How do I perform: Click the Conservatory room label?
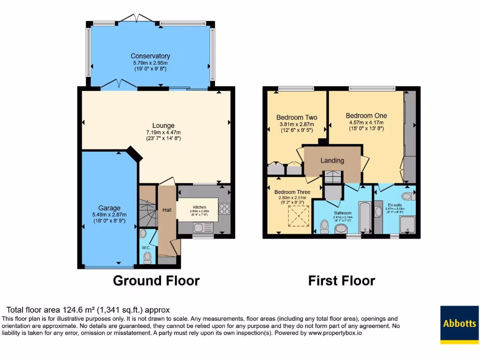coord(150,56)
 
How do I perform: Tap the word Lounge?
coord(163,126)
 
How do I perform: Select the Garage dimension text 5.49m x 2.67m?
coord(109,215)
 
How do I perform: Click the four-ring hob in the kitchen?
coord(224,209)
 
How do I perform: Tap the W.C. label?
coord(146,247)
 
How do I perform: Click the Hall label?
coord(166,210)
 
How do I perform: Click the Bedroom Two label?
coord(297,118)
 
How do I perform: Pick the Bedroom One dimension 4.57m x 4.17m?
coord(366,122)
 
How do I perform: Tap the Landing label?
coord(332,161)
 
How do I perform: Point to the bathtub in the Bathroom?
coord(364,217)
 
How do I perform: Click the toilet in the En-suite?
coord(407,195)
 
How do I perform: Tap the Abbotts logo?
coord(459,323)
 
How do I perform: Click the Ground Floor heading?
coord(156,281)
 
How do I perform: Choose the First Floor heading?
coord(341,281)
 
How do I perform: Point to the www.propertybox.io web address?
coord(334,333)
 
